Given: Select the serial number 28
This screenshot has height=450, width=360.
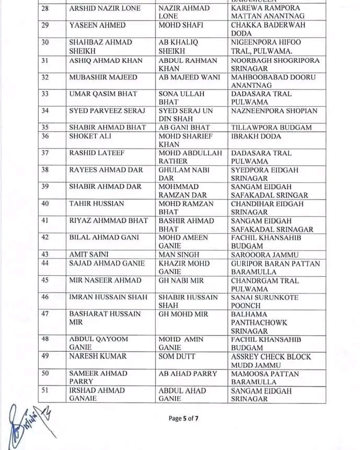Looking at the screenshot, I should [45, 8].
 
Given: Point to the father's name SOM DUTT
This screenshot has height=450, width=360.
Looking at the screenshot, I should [178, 356].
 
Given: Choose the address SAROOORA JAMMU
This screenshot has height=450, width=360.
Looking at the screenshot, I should [265, 255].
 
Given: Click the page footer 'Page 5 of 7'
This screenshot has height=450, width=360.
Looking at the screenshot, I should [183, 419].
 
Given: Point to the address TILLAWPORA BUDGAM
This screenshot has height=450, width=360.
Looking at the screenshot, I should [271, 128].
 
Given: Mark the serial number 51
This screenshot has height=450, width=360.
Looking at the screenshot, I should [45, 390].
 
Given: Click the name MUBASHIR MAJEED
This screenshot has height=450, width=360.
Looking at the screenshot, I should [103, 77].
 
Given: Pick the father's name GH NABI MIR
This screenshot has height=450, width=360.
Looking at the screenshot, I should [181, 281].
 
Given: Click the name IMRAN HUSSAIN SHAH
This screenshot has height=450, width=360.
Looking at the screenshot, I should [109, 297].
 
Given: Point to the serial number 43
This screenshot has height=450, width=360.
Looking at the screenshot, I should [45, 255].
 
